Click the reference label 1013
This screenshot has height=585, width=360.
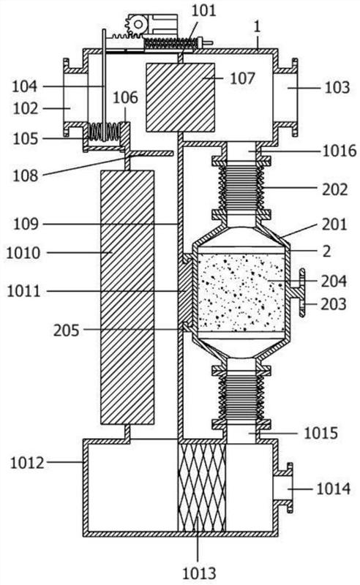click(199, 573)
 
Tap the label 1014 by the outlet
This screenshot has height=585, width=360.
click(334, 488)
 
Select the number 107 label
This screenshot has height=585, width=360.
click(243, 78)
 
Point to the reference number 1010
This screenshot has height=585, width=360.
click(23, 253)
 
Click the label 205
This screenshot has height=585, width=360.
click(66, 330)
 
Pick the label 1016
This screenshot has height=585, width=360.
click(340, 151)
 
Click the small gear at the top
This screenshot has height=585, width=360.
click(138, 25)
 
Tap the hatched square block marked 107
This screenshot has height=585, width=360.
click(181, 97)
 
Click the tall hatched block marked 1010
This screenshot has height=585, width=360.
click(127, 298)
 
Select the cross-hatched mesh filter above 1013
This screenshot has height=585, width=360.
click(202, 487)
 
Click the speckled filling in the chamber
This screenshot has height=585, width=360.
click(241, 292)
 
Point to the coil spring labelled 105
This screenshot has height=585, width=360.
click(105, 132)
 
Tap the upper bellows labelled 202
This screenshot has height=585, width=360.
click(241, 188)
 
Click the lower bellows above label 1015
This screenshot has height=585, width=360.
click(241, 397)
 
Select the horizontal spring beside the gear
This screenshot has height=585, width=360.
click(171, 44)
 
